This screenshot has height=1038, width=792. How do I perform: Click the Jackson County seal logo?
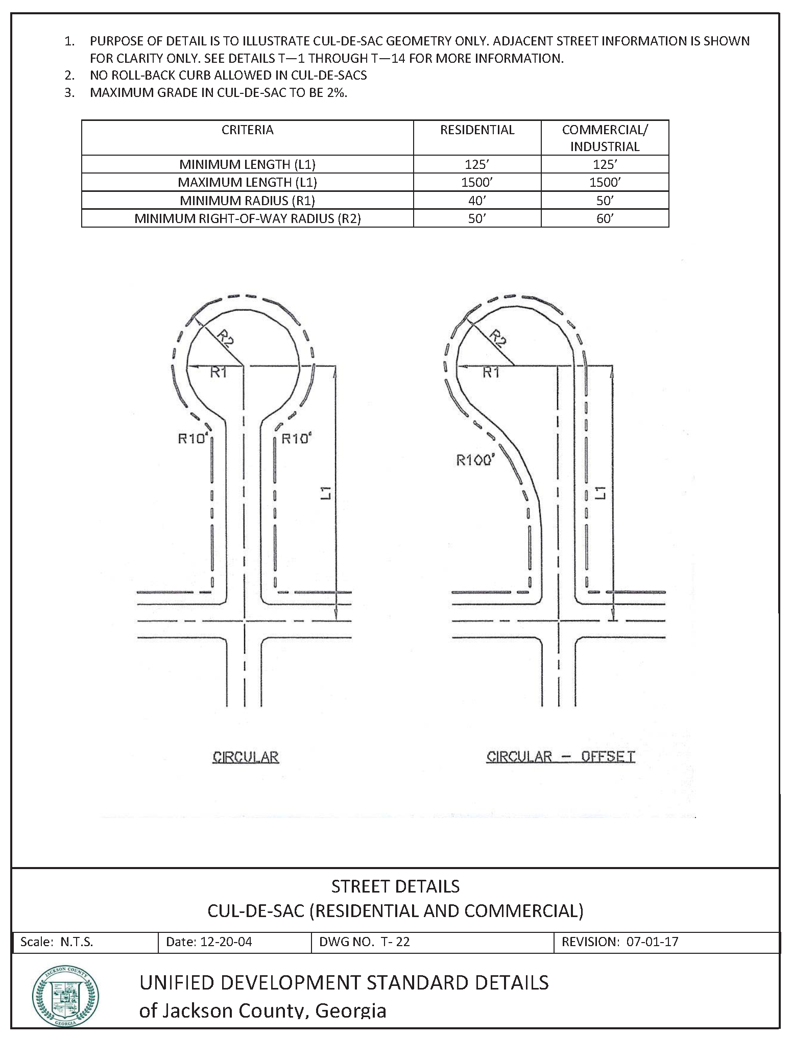pyautogui.click(x=66, y=996)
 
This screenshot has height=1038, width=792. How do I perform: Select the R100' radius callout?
pyautogui.click(x=475, y=460)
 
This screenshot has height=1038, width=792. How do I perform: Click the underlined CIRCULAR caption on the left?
pyautogui.click(x=246, y=756)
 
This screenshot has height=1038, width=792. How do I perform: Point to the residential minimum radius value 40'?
pyautogui.click(x=477, y=200)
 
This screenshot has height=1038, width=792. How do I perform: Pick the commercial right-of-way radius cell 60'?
pyautogui.click(x=605, y=218)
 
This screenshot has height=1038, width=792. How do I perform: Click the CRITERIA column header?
pyautogui.click(x=247, y=130)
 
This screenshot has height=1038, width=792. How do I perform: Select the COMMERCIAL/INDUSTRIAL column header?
pyautogui.click(x=605, y=138)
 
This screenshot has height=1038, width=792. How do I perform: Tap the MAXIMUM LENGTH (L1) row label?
pyautogui.click(x=247, y=182)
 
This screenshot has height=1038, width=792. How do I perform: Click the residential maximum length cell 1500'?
pyautogui.click(x=477, y=182)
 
